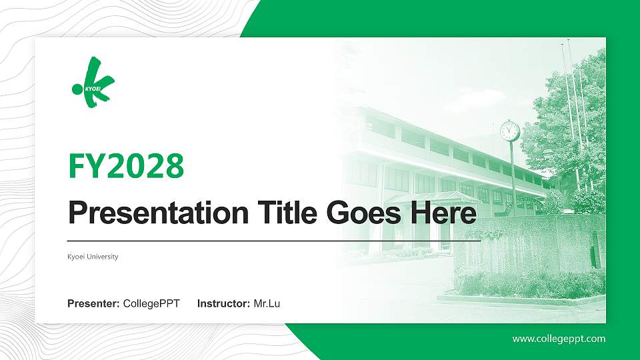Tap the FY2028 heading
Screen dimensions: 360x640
[126, 166]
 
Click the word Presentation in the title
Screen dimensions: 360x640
[154, 213]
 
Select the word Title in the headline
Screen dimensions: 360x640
[281, 213]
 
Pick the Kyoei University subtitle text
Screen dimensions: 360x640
[93, 257]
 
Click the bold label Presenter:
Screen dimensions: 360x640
[93, 304]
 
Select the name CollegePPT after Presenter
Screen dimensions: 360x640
[151, 304]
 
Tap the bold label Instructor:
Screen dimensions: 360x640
[224, 304]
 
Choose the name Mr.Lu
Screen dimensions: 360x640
[267, 304]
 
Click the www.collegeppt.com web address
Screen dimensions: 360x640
[559, 339]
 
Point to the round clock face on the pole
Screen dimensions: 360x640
[509, 131]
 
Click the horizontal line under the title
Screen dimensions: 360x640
[273, 239]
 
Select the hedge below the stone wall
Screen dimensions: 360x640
[527, 283]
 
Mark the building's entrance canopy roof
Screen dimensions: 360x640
[433, 197]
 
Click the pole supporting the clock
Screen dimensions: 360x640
[513, 173]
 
